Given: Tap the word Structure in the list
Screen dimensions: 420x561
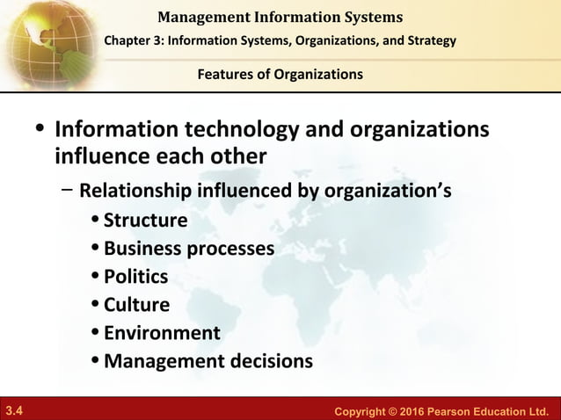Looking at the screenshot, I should (x=145, y=220).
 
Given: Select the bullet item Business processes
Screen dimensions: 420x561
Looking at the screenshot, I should (x=188, y=249).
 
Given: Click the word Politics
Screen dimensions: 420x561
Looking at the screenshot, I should (x=135, y=277).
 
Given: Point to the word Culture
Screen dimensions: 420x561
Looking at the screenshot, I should (x=136, y=305).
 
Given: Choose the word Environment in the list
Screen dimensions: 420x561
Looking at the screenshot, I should (x=162, y=333).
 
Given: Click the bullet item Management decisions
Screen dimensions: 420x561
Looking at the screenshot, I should (x=208, y=361).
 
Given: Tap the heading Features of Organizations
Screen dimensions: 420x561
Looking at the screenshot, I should (x=280, y=75).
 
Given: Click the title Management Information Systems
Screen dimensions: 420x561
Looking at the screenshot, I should (x=280, y=17).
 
